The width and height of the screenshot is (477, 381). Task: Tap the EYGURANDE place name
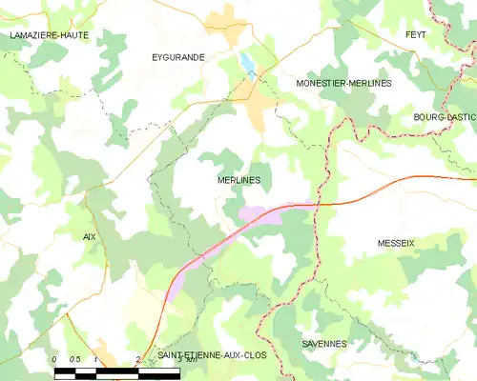[x=178, y=57]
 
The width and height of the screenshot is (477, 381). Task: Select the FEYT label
[x=415, y=34]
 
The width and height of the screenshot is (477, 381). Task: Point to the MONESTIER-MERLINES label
[x=343, y=83]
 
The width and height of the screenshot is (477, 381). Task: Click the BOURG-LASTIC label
[x=445, y=117]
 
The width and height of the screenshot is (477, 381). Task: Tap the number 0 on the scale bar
[x=54, y=359]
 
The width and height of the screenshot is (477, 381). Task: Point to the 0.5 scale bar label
[x=74, y=359]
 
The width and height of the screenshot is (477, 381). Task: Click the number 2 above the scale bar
[x=138, y=359]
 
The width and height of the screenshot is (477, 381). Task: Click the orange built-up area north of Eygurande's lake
[x=228, y=16]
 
